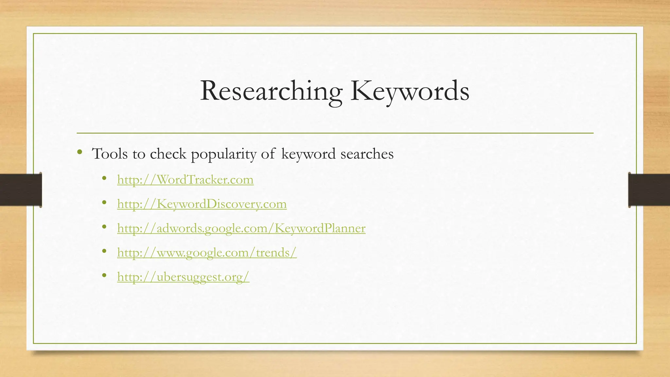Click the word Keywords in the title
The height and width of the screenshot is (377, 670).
pyautogui.click(x=410, y=91)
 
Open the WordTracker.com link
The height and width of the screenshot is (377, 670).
pyautogui.click(x=185, y=180)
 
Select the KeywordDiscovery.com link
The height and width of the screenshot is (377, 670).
pyautogui.click(x=202, y=204)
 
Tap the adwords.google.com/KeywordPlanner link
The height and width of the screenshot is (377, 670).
pyautogui.click(x=241, y=228)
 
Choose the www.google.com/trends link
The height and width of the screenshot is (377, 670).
pyautogui.click(x=207, y=252)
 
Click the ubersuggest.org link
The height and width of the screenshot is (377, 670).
pyautogui.click(x=183, y=277)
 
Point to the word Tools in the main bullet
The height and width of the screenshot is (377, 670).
pyautogui.click(x=110, y=154)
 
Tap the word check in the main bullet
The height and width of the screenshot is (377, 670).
pyautogui.click(x=168, y=154)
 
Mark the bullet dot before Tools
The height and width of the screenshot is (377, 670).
pyautogui.click(x=79, y=152)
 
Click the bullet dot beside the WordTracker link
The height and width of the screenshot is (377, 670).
pyautogui.click(x=104, y=178)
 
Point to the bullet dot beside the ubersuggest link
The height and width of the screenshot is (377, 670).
pyautogui.click(x=104, y=276)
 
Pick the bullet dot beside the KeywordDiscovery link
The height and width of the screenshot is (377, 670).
pyautogui.click(x=104, y=203)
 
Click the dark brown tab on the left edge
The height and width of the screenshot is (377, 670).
pyautogui.click(x=21, y=190)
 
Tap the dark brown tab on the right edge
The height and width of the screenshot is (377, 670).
pyautogui.click(x=649, y=190)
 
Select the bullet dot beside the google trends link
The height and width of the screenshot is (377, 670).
pyautogui.click(x=104, y=251)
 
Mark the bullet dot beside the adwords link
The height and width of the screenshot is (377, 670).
pyautogui.click(x=104, y=227)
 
